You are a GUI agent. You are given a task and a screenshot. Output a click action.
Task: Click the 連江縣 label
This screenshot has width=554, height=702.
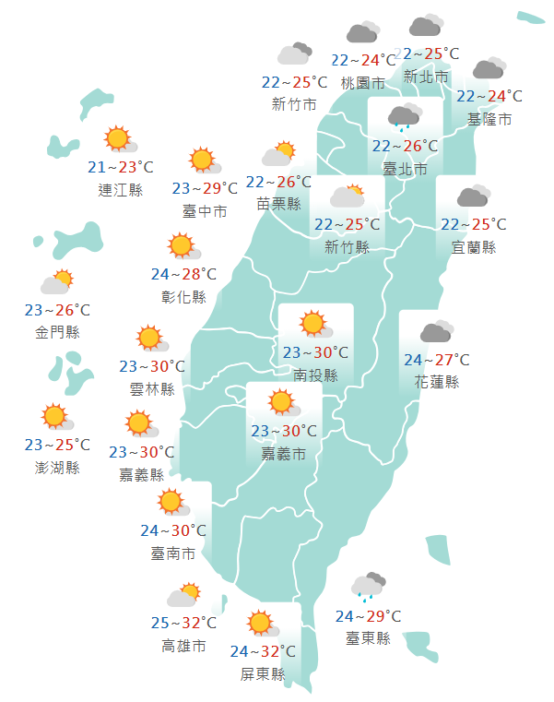(x=120, y=190)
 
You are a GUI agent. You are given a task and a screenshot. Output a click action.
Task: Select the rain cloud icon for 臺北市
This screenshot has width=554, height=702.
(x=404, y=116)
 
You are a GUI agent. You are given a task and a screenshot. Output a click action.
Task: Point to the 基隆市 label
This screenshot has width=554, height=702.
(x=489, y=119)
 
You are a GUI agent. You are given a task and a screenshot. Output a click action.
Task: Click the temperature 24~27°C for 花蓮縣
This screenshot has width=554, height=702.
(x=436, y=360)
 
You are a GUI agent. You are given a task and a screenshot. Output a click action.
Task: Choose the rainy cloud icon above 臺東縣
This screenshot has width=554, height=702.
(x=367, y=586)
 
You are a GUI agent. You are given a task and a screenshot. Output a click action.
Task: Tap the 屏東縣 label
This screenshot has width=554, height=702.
(x=263, y=673)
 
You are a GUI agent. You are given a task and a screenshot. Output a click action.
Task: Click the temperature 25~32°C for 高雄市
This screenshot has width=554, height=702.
(x=183, y=624)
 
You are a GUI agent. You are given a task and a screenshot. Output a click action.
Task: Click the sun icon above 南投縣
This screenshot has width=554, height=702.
(x=313, y=324)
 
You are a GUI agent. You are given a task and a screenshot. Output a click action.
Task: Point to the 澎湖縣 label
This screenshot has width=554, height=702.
(x=57, y=467)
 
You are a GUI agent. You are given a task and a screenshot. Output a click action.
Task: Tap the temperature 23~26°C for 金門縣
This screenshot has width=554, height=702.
(x=57, y=311)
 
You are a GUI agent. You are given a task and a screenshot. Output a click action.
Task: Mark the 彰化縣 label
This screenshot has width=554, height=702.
(x=183, y=296)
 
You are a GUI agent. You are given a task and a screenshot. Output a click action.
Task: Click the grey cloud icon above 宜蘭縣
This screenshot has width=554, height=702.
(x=473, y=196)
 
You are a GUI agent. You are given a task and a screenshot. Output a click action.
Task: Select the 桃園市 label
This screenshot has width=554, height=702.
(x=362, y=83)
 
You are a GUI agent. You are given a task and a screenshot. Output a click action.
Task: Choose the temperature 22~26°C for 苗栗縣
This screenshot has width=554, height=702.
(x=277, y=183)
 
